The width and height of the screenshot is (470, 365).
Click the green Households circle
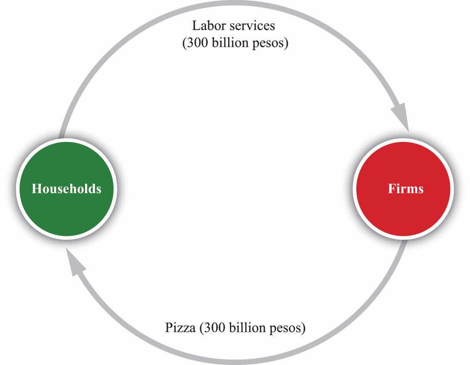(66, 189)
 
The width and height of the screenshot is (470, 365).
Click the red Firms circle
(403, 189)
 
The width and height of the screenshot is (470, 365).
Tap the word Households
(66, 188)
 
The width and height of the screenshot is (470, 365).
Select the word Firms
(406, 188)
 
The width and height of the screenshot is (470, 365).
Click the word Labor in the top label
(209, 26)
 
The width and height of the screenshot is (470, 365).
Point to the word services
(252, 26)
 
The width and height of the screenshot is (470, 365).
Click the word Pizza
(181, 327)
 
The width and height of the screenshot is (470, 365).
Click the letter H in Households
(37, 188)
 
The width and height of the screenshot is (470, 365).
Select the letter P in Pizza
(169, 327)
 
